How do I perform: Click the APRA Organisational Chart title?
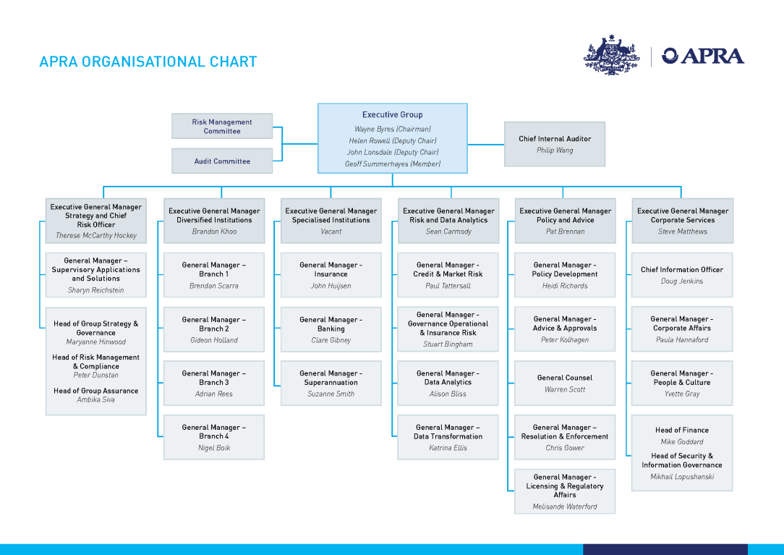[x=148, y=62]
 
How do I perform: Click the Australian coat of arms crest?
[x=612, y=55]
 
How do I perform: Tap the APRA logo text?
[x=703, y=56]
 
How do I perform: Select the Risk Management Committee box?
[x=222, y=126]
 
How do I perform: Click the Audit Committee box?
[x=222, y=161]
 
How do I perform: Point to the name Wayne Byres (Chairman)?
[x=392, y=129]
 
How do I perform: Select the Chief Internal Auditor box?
[x=554, y=144]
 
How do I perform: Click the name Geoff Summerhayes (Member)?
[x=392, y=164]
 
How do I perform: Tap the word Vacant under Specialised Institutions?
[x=331, y=232]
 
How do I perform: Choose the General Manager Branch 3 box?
[x=214, y=383]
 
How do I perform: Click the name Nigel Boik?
[x=214, y=448]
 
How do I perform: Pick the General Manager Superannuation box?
[x=331, y=383]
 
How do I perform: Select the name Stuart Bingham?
[x=448, y=344]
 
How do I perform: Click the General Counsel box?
[x=564, y=383]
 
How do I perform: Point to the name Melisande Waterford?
[x=564, y=507]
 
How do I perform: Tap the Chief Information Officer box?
[x=681, y=274]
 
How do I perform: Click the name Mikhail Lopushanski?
[x=681, y=478]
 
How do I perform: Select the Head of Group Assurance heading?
[x=95, y=391]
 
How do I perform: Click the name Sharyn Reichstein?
[x=95, y=290]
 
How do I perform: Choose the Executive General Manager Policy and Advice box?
[x=564, y=220]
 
